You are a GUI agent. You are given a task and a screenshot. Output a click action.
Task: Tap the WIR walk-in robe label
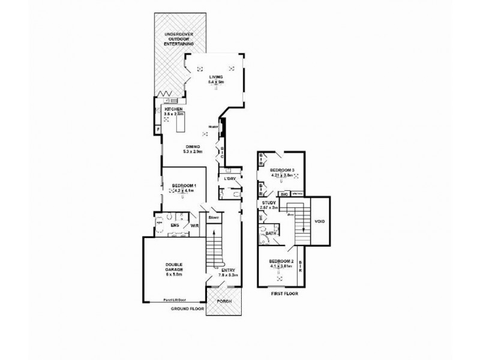click(194, 226)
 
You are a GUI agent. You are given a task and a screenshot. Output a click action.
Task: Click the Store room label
click(213, 218)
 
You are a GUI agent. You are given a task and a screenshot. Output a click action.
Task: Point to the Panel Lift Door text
click(175, 301)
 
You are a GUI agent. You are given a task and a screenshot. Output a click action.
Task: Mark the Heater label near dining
click(212, 127)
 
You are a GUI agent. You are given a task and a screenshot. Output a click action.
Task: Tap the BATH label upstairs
click(271, 233)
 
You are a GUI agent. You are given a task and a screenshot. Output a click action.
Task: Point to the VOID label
click(318, 221)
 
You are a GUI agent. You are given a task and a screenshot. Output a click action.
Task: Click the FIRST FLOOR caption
click(283, 295)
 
